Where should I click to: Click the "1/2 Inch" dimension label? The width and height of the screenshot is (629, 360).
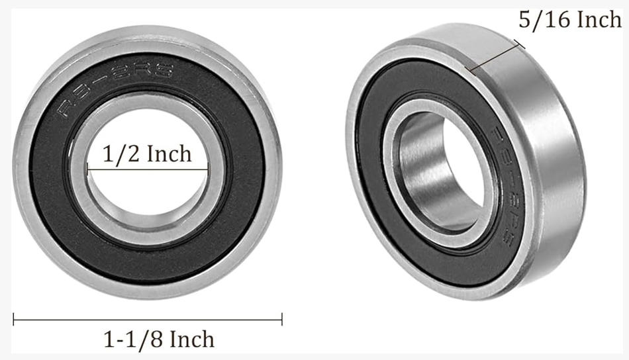(x=147, y=154)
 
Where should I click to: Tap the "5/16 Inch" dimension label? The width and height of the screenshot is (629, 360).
(x=569, y=21)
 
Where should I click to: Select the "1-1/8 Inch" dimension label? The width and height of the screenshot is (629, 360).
(x=159, y=340)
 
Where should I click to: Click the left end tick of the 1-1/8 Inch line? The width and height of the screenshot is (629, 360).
(x=14, y=320)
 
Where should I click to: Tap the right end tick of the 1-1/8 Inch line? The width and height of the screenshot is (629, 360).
(x=281, y=320)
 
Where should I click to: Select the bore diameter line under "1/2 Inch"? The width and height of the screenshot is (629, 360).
(x=147, y=169)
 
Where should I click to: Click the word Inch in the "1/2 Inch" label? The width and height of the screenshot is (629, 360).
(x=169, y=154)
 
